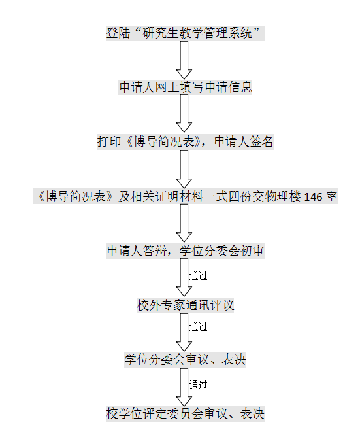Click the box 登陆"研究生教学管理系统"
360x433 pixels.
[x=185, y=33]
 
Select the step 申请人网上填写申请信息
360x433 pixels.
[x=185, y=87]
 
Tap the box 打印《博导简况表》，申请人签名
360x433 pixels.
[x=185, y=142]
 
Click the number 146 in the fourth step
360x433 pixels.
[x=313, y=197]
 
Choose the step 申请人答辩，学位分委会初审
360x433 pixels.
[x=185, y=251]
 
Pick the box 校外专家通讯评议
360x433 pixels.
[x=185, y=305]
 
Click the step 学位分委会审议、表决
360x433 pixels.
[x=185, y=359]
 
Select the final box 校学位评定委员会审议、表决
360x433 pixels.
[x=185, y=413]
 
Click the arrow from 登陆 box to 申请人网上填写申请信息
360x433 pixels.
[x=184, y=60]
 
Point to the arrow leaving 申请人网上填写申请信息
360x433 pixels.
[x=184, y=114]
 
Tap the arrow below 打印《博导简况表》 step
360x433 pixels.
[x=184, y=169]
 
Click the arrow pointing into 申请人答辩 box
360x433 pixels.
[x=184, y=223]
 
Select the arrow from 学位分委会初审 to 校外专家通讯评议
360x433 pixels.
[x=184, y=277]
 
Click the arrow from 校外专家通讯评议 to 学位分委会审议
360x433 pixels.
[x=184, y=332]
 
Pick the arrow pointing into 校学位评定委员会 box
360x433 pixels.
[x=184, y=387]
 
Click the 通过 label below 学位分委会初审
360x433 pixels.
[x=198, y=275]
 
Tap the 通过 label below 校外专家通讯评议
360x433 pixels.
[x=198, y=326]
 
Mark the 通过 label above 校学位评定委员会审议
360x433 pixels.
[x=198, y=385]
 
